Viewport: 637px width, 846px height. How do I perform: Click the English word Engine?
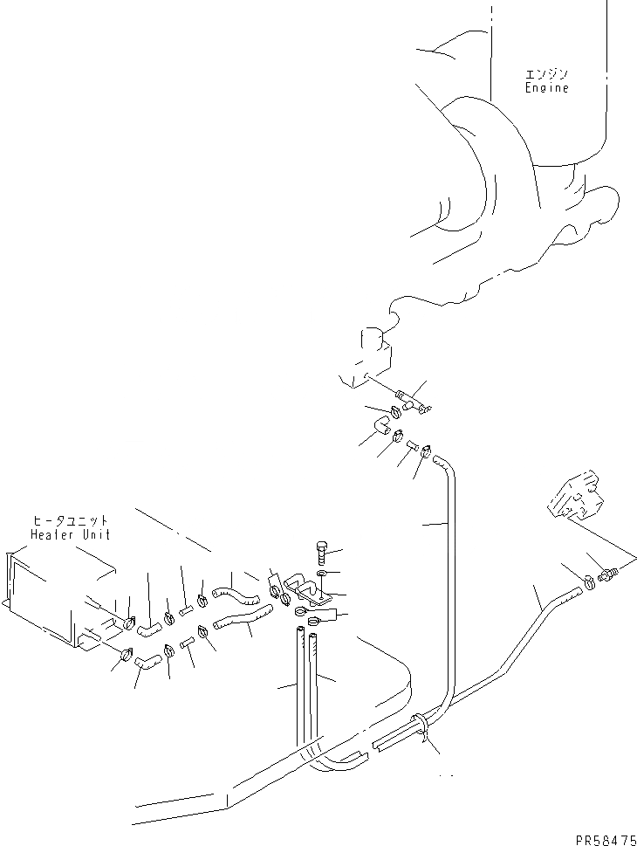point(546,87)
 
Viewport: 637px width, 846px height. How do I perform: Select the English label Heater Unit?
point(70,533)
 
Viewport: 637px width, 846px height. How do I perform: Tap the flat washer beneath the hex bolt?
point(323,574)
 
